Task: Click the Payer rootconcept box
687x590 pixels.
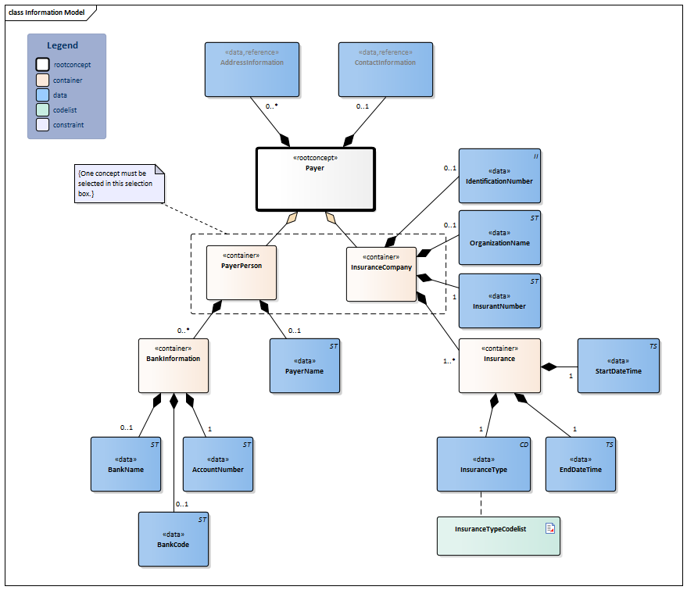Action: [x=316, y=179]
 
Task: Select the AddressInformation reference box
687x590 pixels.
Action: [x=252, y=69]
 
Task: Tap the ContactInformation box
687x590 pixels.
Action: [x=385, y=69]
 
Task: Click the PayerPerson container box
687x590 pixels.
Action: [x=242, y=272]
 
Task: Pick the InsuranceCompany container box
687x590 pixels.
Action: [x=381, y=274]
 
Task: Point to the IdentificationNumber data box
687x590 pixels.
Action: [x=499, y=176]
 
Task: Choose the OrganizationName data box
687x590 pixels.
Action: [x=499, y=238]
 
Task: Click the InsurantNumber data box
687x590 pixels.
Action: [x=499, y=301]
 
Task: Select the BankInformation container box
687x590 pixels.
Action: [x=174, y=365]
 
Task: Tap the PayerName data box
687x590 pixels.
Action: [x=305, y=365]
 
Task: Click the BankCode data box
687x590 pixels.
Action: [x=174, y=539]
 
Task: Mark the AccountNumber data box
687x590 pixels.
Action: [x=218, y=464]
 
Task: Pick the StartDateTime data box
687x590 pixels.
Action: [x=617, y=366]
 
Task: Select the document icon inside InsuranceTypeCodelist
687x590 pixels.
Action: [x=549, y=528]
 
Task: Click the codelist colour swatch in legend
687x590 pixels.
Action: [x=43, y=110]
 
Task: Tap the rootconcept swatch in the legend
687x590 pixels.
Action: [x=43, y=65]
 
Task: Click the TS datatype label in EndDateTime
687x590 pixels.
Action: [x=609, y=444]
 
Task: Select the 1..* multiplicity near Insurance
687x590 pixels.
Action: [x=449, y=360]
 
